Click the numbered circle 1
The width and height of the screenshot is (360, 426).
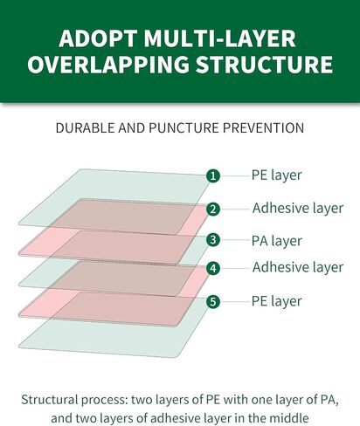pos(213,175)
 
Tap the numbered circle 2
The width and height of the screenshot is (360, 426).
pos(213,209)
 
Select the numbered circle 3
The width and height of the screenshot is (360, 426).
pos(213,240)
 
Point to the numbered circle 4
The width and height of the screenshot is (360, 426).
pos(213,268)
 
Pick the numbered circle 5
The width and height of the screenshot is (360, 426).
pos(213,301)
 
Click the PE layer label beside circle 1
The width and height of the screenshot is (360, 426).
pos(276,175)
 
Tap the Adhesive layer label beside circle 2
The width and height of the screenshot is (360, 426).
pos(298,208)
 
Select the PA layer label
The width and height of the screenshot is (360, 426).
pos(277,241)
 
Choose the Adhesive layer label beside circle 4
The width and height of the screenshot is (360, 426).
pos(298,267)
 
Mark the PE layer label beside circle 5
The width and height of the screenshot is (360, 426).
pos(276,301)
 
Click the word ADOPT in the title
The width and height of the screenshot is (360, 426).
pos(98,38)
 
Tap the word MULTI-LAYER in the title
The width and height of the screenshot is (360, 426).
pos(220,38)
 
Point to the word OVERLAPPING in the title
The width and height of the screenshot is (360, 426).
pos(108,64)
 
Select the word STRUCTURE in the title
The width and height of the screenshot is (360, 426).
pos(264,64)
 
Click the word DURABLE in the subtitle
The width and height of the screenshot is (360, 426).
pos(85,128)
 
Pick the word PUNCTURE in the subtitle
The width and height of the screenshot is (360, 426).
pos(183,128)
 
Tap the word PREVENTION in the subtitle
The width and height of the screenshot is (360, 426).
pos(264,128)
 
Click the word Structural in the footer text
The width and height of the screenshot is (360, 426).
pos(50,400)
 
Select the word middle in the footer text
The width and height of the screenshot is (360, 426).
pos(288,418)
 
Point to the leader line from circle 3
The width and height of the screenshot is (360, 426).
pos(236,240)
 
